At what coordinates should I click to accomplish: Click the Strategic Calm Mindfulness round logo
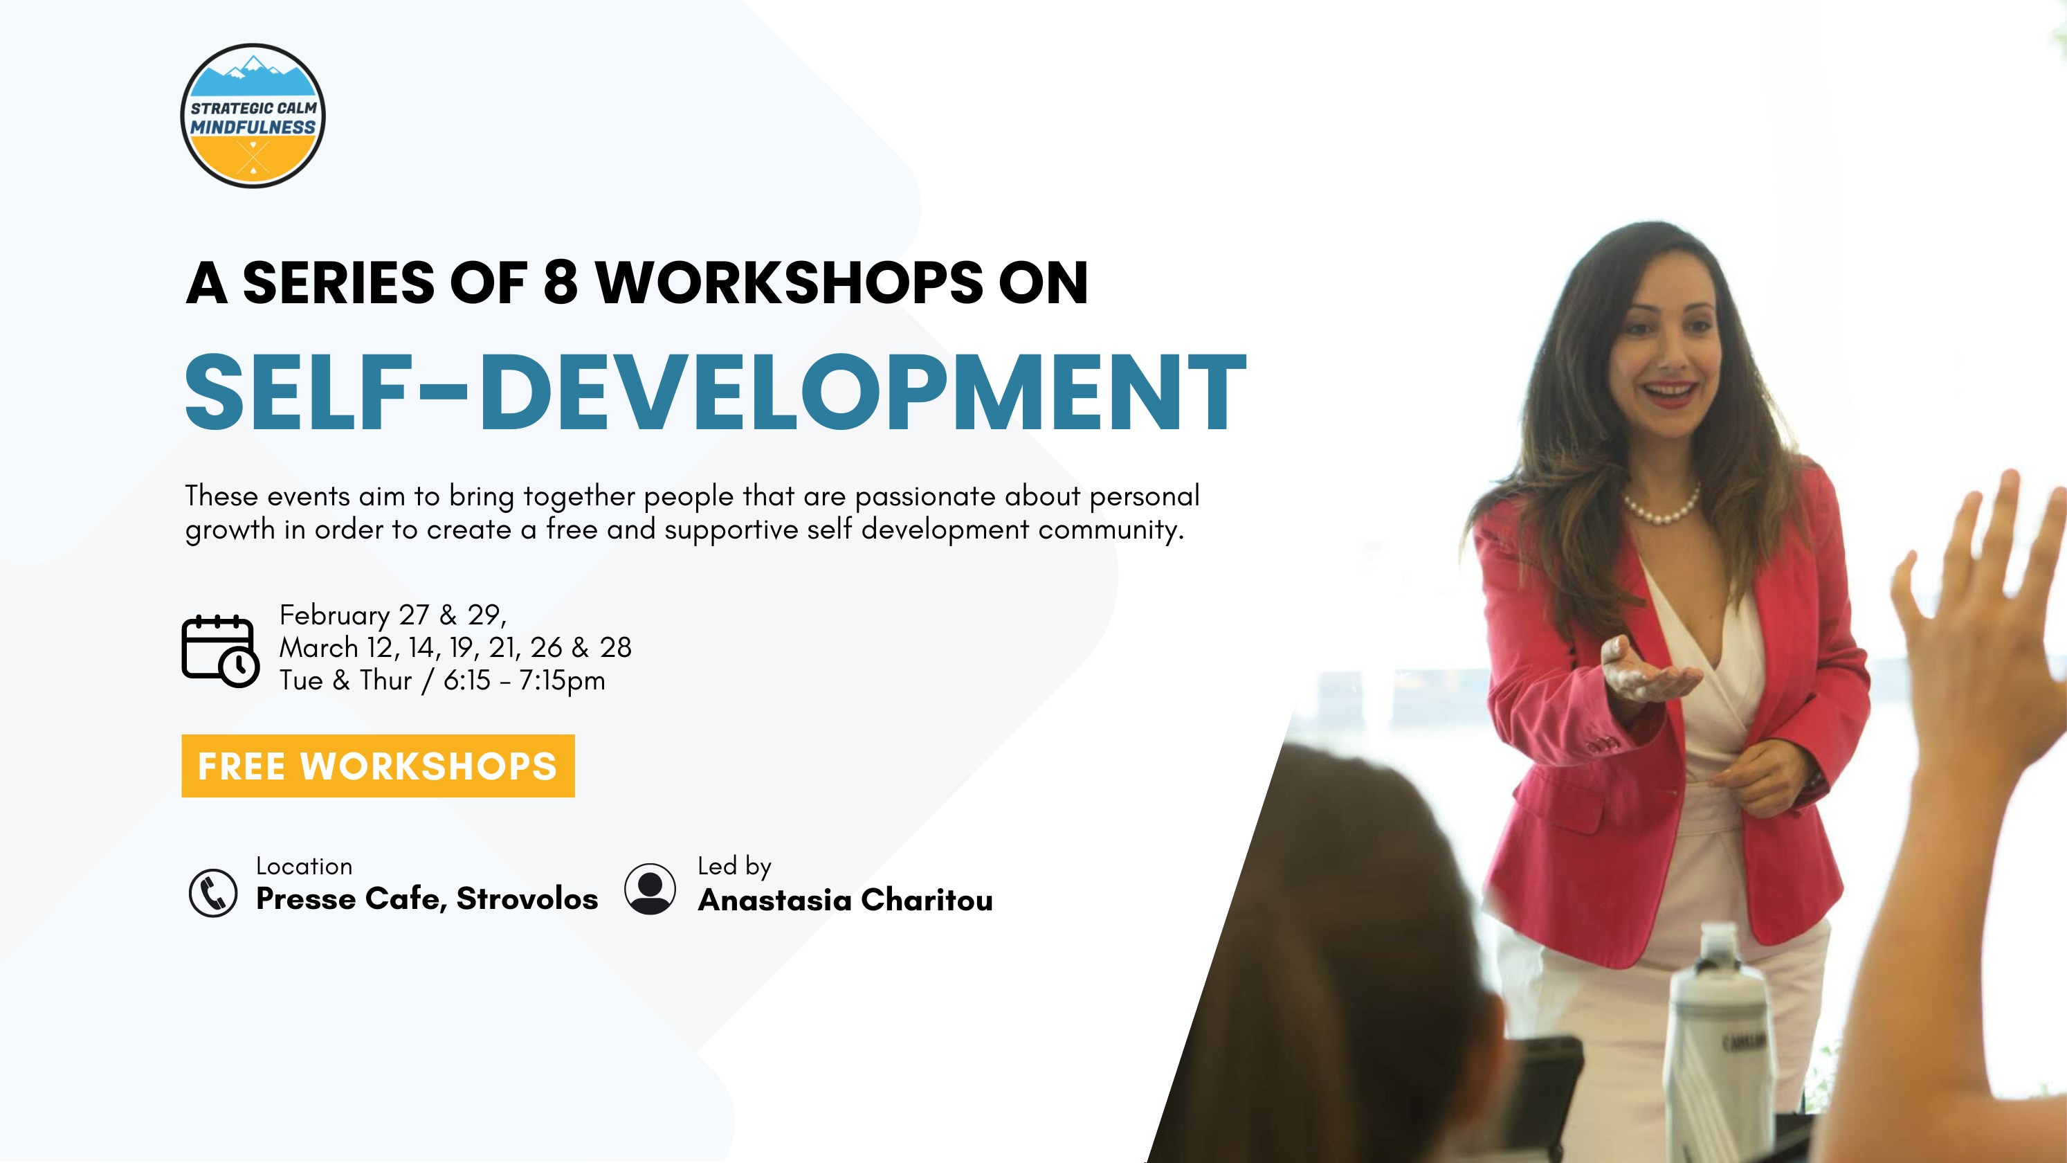[253, 116]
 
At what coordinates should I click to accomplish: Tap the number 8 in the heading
[560, 282]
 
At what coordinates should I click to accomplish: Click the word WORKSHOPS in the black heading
[789, 282]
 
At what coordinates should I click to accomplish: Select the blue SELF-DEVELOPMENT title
[715, 393]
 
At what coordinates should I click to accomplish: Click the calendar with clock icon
[220, 651]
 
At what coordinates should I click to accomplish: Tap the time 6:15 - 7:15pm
[524, 680]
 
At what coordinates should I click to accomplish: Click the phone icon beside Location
[212, 892]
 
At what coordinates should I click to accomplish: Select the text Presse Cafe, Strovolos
[427, 899]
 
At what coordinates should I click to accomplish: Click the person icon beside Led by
[650, 888]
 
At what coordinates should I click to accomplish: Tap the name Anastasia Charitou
[846, 900]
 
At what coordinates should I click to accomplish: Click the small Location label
[304, 866]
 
